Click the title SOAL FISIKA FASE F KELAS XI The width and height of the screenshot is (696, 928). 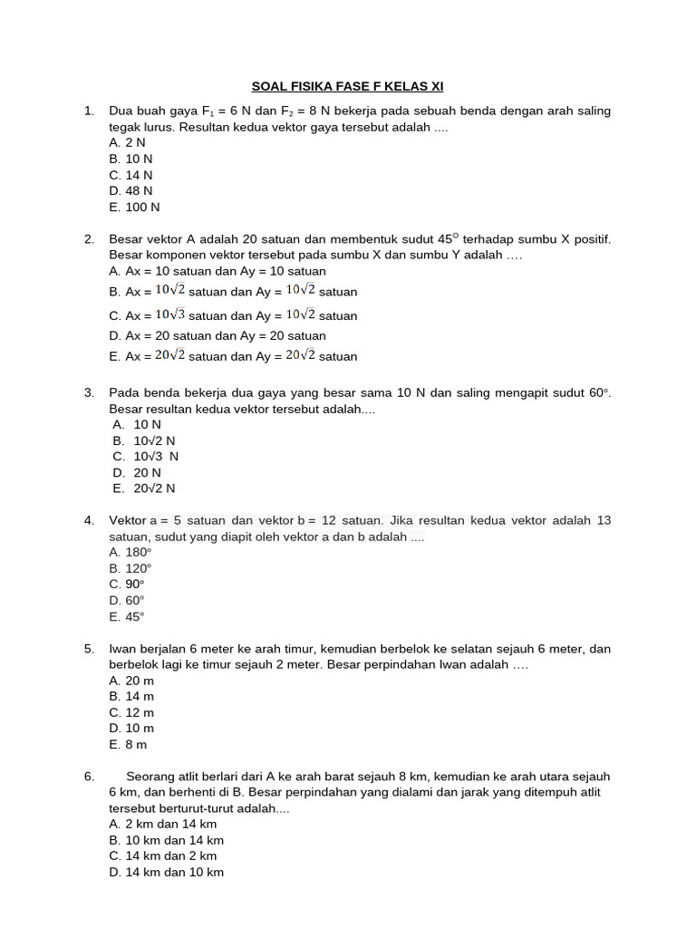[x=347, y=87]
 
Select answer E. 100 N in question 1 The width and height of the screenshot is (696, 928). [x=134, y=207]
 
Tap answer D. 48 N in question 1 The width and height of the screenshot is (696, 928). [x=130, y=191]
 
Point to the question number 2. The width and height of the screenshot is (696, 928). [x=89, y=239]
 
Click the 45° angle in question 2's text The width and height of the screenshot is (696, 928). [x=448, y=239]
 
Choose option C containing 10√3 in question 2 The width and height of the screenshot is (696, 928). [x=233, y=315]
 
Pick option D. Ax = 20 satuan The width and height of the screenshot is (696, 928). [x=217, y=335]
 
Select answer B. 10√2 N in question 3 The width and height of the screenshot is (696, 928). [x=144, y=440]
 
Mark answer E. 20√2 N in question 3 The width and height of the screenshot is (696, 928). [x=144, y=488]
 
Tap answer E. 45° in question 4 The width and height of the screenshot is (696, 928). [x=127, y=617]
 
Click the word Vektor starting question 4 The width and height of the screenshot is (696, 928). [x=128, y=520]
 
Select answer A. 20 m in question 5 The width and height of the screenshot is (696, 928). [x=131, y=681]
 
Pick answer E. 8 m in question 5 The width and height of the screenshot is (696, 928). [x=128, y=744]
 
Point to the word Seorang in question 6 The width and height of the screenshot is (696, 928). [x=150, y=777]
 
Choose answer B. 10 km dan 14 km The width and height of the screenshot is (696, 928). [x=166, y=840]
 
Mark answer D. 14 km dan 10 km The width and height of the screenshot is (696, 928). [x=166, y=872]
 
